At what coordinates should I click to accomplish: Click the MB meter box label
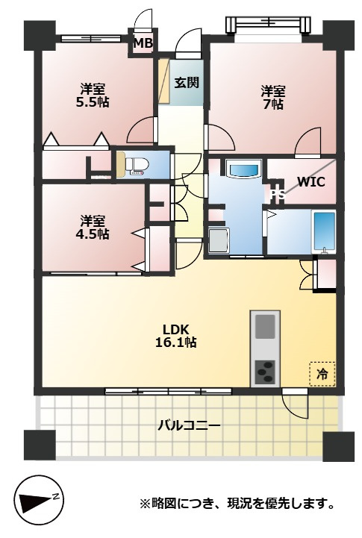(x=143, y=43)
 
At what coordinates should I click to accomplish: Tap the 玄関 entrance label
(x=187, y=82)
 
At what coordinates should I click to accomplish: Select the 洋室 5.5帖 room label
(x=93, y=96)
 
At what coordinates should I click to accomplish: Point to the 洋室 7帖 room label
(x=273, y=98)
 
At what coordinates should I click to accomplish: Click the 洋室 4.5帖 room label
(x=93, y=227)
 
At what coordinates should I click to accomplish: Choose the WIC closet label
(x=310, y=181)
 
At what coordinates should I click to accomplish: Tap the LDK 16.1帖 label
(x=175, y=336)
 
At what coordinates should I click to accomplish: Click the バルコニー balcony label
(x=189, y=426)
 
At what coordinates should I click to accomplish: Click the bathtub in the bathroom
(x=324, y=232)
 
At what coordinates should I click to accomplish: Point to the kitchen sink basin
(x=265, y=326)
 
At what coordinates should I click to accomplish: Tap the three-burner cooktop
(x=265, y=372)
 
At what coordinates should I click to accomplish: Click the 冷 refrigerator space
(x=322, y=374)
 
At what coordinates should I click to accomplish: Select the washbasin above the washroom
(x=244, y=169)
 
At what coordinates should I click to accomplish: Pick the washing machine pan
(x=219, y=240)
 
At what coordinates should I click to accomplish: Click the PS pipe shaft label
(x=277, y=195)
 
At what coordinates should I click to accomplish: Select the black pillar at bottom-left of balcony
(x=40, y=445)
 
